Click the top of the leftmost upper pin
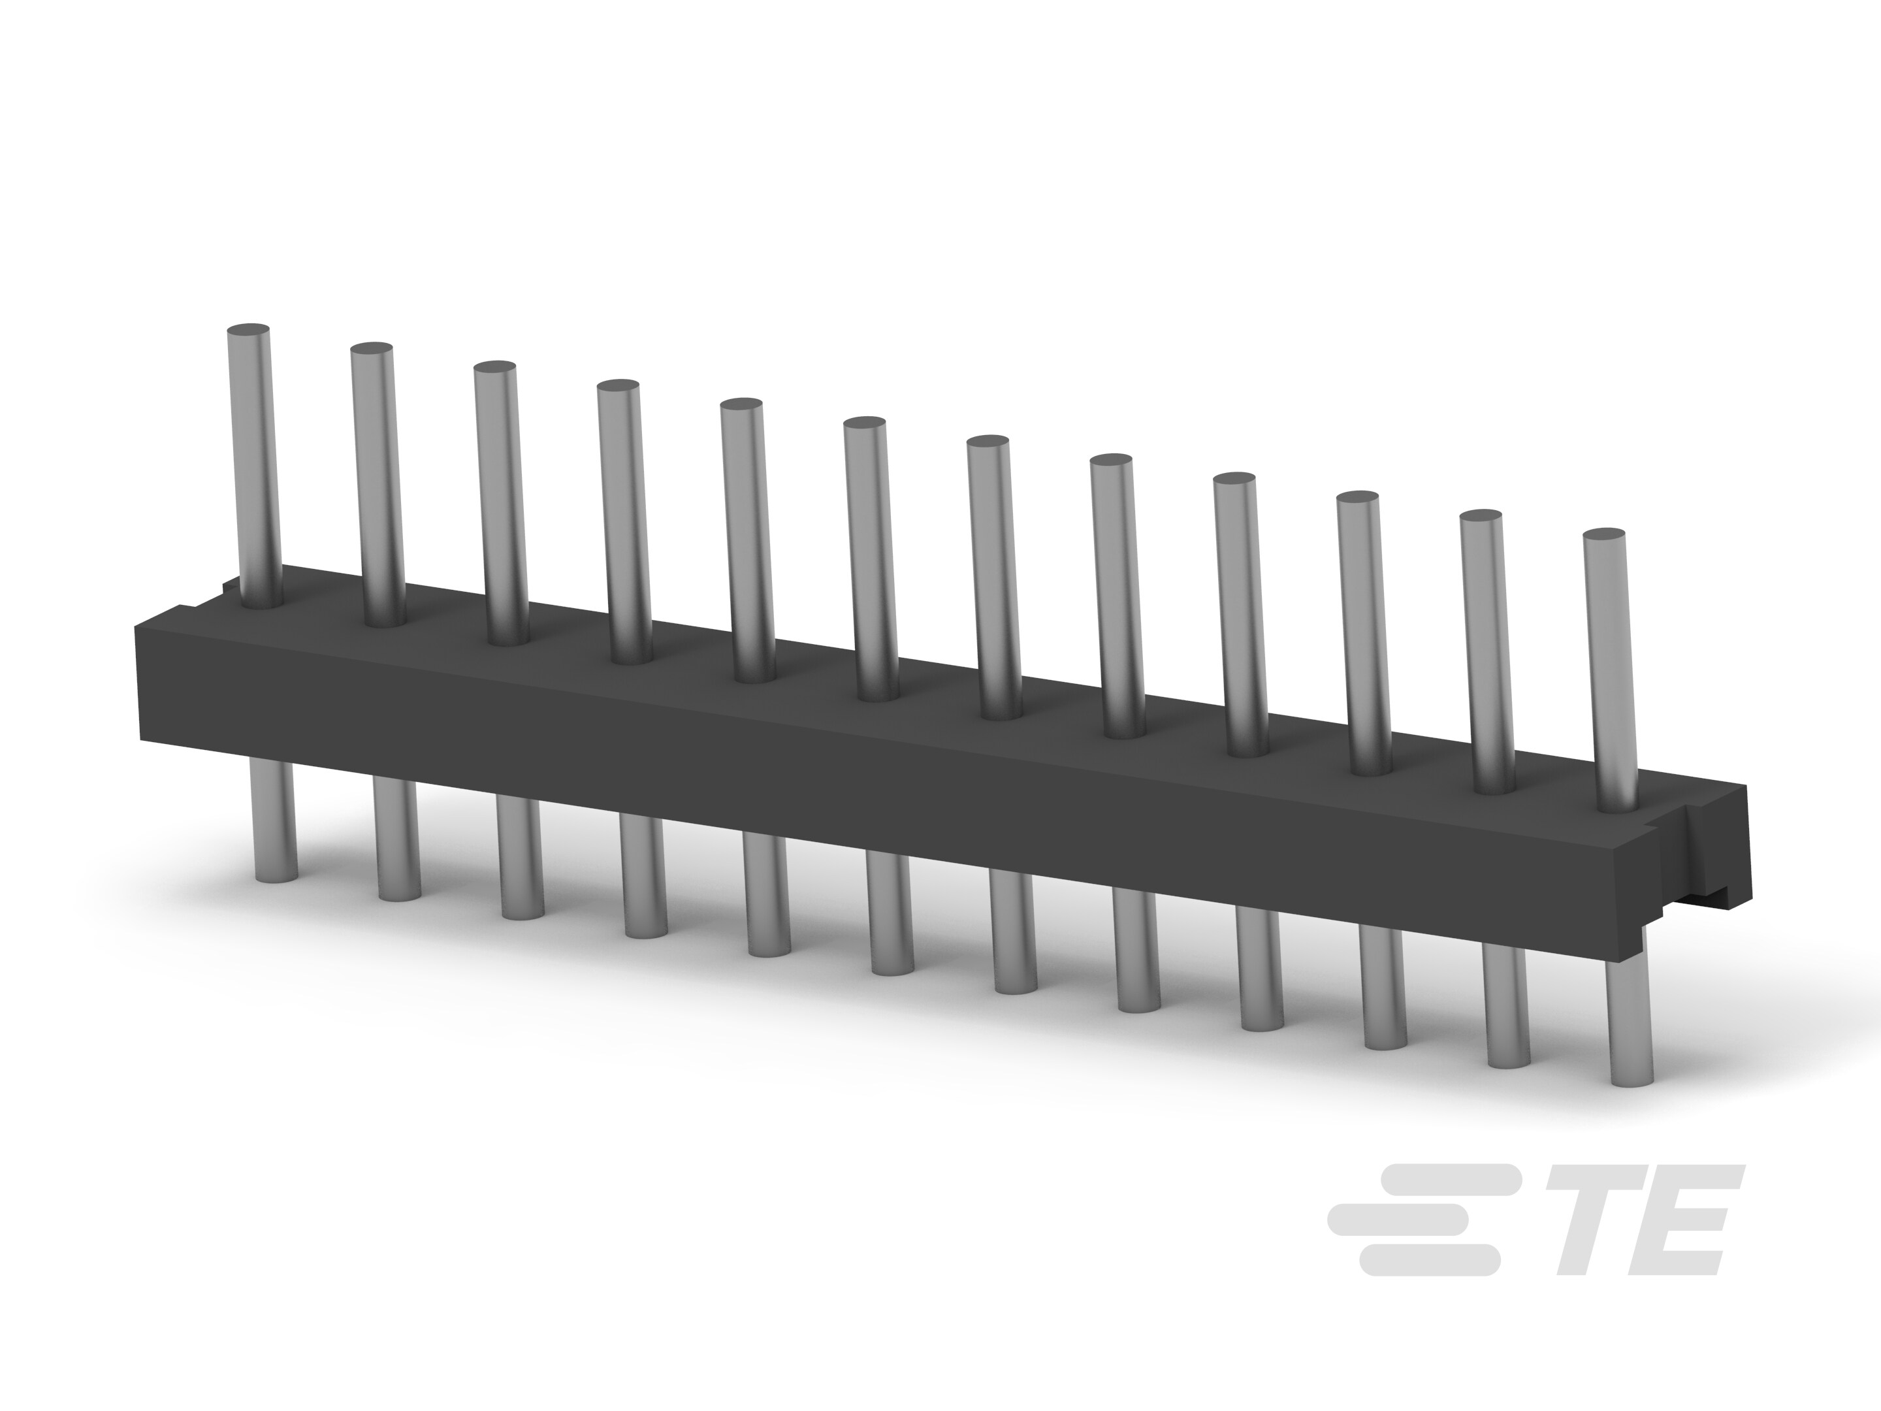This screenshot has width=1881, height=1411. click(249, 330)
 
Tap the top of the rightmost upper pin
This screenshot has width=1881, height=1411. click(1604, 535)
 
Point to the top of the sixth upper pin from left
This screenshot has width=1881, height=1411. click(865, 423)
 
